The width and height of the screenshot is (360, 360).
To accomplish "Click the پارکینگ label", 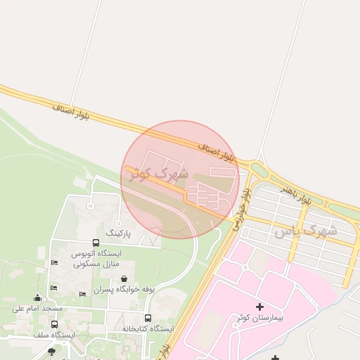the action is (119, 231).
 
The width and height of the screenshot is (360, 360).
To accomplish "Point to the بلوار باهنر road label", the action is (295, 195).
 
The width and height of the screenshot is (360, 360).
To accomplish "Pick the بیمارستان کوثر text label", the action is (260, 319).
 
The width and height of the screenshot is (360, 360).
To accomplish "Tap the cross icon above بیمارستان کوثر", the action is (260, 307).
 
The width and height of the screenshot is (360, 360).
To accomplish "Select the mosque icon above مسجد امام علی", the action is (37, 297).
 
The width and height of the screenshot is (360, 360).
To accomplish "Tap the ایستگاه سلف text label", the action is (54, 335).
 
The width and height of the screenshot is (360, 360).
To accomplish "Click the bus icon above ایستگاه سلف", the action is (55, 324).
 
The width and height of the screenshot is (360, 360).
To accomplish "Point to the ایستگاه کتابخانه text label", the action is (148, 328).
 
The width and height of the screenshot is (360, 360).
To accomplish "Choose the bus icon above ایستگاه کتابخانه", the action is (148, 318).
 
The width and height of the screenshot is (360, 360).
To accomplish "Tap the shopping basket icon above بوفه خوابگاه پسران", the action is (124, 279).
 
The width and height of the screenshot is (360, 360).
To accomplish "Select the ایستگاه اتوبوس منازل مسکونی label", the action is (96, 258).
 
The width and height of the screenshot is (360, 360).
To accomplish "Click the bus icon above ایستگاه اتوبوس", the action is (96, 243).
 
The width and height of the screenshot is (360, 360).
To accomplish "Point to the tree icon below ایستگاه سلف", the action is (51, 351).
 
